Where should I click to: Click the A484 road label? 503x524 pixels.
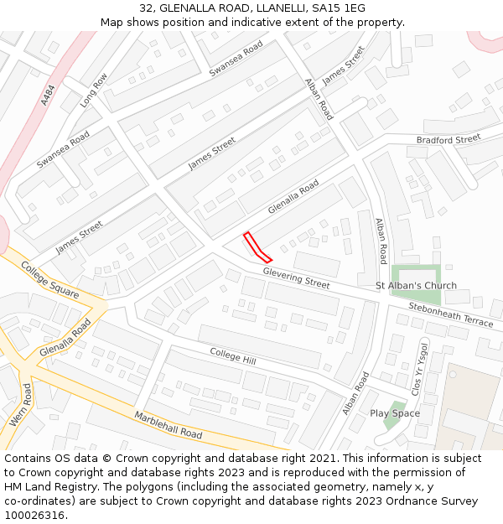coord(48,94)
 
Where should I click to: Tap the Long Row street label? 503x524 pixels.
coord(94,91)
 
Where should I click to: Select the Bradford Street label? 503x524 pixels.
coord(449,138)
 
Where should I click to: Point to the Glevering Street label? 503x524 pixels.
coord(296,278)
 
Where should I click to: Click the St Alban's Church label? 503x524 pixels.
coord(416,286)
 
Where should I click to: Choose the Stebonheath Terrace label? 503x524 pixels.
coord(451,314)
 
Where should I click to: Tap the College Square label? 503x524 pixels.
coord(49,281)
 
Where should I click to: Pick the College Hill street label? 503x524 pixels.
coord(233,356)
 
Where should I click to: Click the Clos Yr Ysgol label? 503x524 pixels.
coord(418,370)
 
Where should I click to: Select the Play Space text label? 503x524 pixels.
coord(395,413)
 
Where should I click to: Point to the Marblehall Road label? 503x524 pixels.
coord(169,425)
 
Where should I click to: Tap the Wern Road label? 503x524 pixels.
coord(21,406)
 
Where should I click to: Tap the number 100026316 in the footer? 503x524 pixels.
coord(34,515)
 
